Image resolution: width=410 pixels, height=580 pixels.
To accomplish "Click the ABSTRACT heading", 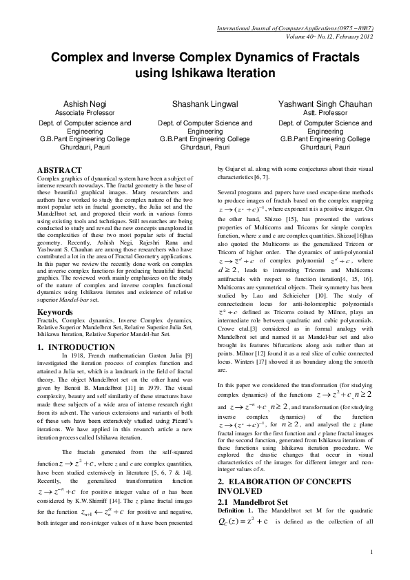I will tap(60, 169).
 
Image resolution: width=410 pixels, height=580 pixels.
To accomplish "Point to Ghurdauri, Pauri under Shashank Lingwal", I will tap(205, 147).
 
